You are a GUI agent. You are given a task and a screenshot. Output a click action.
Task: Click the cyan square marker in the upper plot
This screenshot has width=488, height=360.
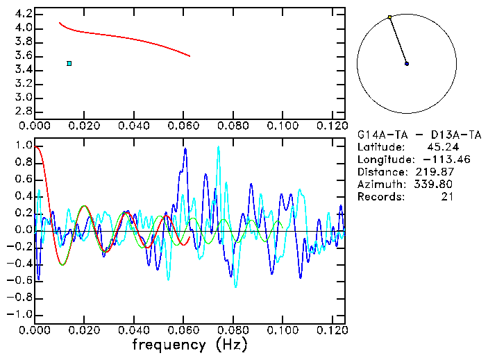tap(69, 63)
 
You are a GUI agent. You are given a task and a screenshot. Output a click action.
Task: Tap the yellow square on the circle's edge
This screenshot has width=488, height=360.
tap(390, 17)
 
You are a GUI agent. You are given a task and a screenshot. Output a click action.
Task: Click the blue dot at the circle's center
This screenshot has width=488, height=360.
tap(407, 63)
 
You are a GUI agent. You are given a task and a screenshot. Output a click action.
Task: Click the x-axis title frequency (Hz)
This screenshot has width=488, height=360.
tap(190, 345)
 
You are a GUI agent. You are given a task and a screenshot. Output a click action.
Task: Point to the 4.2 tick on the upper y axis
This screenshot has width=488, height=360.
tap(22, 14)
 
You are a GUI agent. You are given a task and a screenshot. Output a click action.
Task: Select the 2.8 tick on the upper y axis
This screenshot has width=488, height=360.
tap(22, 111)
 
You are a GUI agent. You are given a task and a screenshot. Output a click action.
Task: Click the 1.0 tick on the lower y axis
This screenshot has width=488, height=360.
tap(22, 146)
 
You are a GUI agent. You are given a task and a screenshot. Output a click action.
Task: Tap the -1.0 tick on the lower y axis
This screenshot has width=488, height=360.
tap(19, 314)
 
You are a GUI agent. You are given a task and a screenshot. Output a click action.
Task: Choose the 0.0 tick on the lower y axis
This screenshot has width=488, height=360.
tap(22, 230)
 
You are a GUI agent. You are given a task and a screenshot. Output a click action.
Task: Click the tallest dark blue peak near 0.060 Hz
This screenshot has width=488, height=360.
tap(185, 148)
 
